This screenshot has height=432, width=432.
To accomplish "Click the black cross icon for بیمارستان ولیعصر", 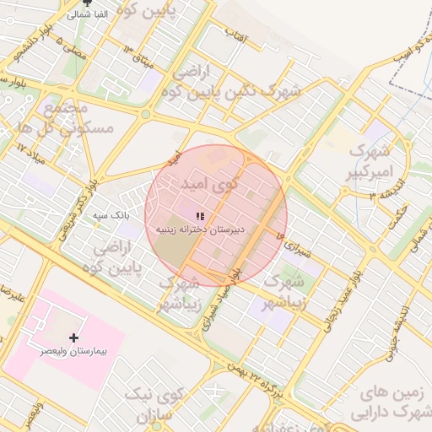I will pos(74,337).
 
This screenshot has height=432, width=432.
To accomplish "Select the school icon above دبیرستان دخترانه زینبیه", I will pos(200,217).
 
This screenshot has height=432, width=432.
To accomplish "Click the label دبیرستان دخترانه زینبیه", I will pos(200,229).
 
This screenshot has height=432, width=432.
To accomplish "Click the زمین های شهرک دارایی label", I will pos(395,403).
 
